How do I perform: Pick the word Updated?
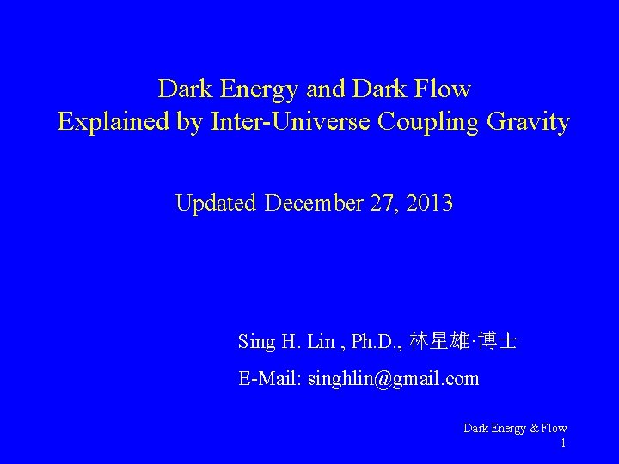tap(216, 204)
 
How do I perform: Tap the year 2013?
tap(427, 204)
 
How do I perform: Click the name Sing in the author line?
tap(255, 342)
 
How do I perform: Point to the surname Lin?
tap(321, 342)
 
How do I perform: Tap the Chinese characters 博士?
tap(498, 342)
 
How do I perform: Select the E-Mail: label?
tap(270, 379)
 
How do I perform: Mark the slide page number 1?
tap(562, 443)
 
